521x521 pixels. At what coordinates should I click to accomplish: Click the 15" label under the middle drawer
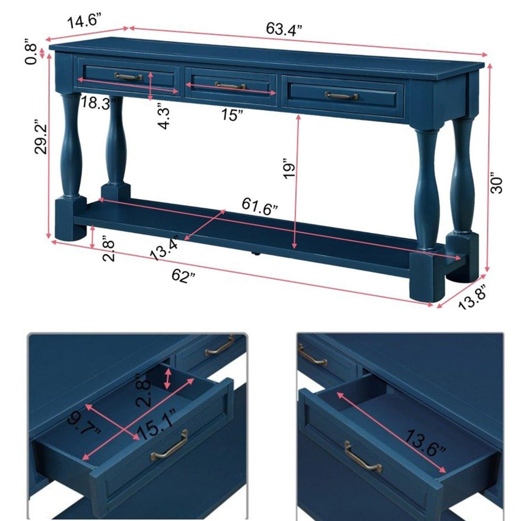232,114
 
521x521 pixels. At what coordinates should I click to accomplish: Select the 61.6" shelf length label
260,207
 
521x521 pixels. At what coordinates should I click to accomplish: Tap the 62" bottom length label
183,276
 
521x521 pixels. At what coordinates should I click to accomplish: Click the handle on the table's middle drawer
230,85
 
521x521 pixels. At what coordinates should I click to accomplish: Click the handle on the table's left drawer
129,76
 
